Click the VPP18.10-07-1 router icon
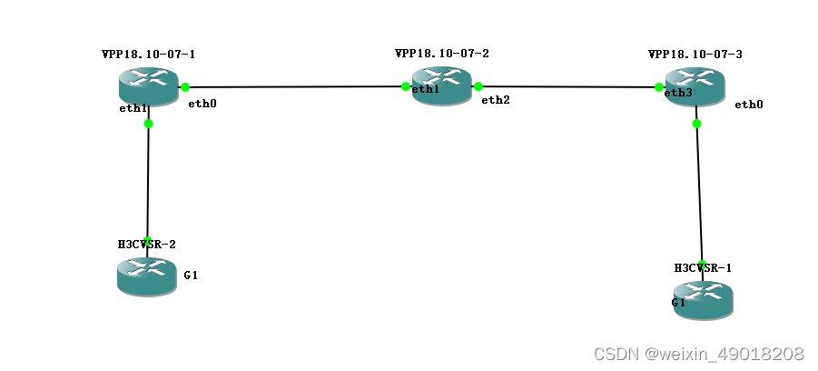[149, 86]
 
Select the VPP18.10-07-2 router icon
[442, 86]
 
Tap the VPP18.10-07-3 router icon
[695, 87]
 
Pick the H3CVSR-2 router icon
[146, 276]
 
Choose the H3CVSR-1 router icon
[702, 300]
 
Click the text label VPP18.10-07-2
[442, 54]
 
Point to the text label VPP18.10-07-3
[695, 55]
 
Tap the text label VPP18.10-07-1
[148, 55]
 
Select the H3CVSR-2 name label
[146, 245]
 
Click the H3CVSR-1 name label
[703, 267]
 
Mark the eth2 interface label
[496, 99]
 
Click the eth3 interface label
[678, 93]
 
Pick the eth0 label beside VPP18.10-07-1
[202, 104]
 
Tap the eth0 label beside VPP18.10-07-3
[749, 105]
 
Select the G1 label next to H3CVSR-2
[191, 275]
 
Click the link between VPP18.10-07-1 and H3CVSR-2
[148, 182]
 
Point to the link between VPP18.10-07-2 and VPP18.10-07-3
[568, 87]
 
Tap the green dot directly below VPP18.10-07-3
[696, 124]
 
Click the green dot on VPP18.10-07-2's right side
[478, 86]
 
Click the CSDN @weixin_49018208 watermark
[698, 353]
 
